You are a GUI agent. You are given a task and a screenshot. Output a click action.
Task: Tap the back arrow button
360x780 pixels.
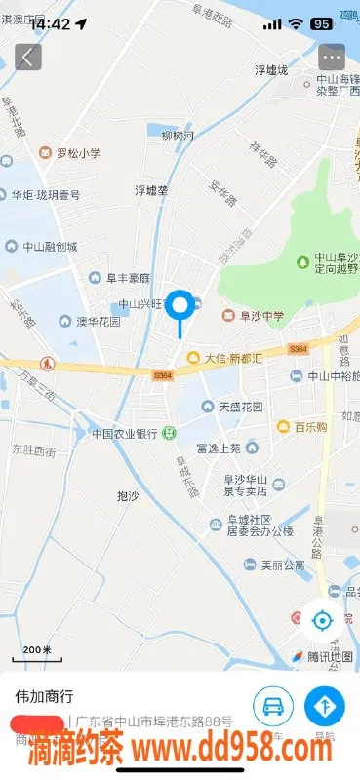click(27, 56)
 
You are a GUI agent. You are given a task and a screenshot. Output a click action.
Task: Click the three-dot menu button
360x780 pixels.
click(332, 56)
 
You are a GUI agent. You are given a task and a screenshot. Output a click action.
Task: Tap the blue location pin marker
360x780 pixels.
click(180, 307)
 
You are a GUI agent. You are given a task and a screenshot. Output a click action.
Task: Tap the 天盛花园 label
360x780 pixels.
click(240, 406)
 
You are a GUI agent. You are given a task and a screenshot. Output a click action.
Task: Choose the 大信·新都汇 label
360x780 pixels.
click(232, 359)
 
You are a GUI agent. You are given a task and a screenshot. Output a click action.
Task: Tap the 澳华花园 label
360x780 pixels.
click(98, 321)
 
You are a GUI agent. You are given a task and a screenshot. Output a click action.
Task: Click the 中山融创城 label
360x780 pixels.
click(51, 246)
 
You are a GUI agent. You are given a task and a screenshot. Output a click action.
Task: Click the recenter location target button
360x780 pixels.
click(321, 619)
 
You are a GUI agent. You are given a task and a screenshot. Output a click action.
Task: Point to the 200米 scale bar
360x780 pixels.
click(37, 650)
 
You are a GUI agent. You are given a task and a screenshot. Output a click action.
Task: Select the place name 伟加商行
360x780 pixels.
click(44, 697)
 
